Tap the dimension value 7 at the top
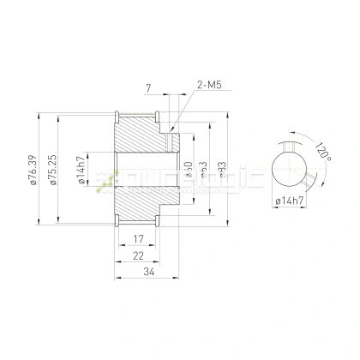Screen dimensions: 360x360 pyautogui.click(x=149, y=88)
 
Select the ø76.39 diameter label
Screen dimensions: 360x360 pyautogui.click(x=33, y=169)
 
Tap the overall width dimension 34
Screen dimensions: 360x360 pyautogui.click(x=150, y=273)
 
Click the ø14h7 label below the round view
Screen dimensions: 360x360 pyautogui.click(x=291, y=201)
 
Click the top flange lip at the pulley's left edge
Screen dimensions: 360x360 pyautogui.click(x=115, y=115)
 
